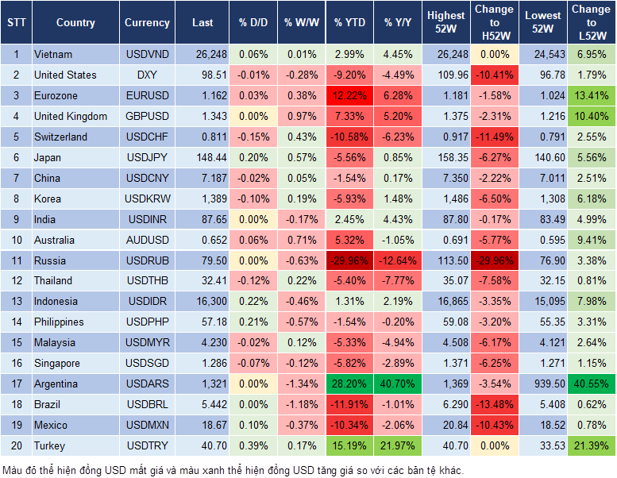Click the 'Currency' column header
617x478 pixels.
[x=147, y=23]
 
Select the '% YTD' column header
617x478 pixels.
[x=349, y=23]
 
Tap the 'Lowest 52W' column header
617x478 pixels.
[x=544, y=23]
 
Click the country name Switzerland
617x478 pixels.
[x=60, y=137]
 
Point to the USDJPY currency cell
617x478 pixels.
[x=147, y=157]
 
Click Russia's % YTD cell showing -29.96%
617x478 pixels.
[x=349, y=260]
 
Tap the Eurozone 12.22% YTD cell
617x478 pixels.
[x=349, y=95]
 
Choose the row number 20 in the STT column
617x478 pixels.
[x=15, y=446]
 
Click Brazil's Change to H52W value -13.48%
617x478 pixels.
[x=494, y=405]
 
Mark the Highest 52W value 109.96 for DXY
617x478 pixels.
[x=446, y=75]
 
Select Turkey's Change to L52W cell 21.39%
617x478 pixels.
[x=592, y=446]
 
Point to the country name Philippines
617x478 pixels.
[x=59, y=322]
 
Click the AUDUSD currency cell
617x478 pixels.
[x=147, y=240]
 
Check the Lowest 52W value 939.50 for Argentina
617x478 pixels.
[x=544, y=384]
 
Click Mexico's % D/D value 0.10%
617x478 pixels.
[x=253, y=426]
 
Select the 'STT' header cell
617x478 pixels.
[x=15, y=23]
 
